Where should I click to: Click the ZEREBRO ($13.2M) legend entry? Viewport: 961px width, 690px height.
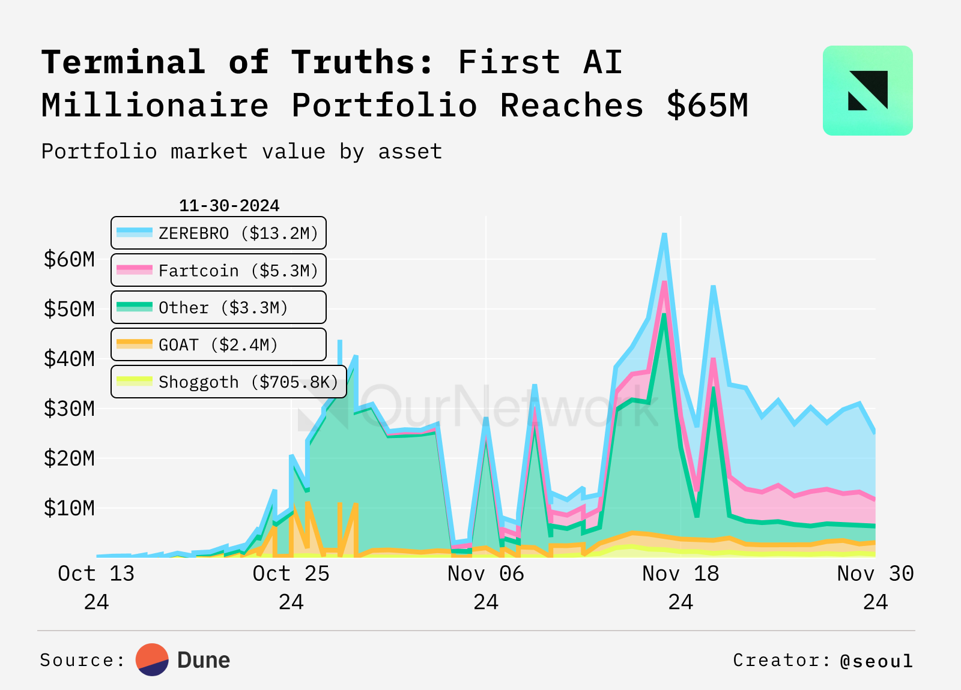pos(219,233)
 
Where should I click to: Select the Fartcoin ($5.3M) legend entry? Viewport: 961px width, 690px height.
pos(219,271)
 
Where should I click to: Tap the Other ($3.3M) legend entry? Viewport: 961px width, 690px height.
pos(219,308)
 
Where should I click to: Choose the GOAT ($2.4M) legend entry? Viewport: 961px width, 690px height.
pos(219,345)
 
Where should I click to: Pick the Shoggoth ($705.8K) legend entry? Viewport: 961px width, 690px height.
pos(229,382)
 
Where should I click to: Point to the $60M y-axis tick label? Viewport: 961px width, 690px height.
pos(69,259)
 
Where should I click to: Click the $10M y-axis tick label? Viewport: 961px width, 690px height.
pos(69,508)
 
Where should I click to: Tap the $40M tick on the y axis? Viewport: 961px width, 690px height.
pos(69,359)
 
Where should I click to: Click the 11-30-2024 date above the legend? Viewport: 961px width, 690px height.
pos(229,206)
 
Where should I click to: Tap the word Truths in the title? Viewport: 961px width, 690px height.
pos(362,62)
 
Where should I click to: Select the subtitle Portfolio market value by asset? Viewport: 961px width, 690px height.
pos(241,151)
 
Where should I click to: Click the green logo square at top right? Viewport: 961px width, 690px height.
pos(867,91)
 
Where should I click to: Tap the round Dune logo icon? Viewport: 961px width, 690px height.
pos(152,660)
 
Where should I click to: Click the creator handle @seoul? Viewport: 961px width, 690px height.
pos(876,661)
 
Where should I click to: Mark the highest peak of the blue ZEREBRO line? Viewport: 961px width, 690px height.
pos(664,235)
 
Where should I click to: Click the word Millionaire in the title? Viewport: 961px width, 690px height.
pos(155,106)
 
